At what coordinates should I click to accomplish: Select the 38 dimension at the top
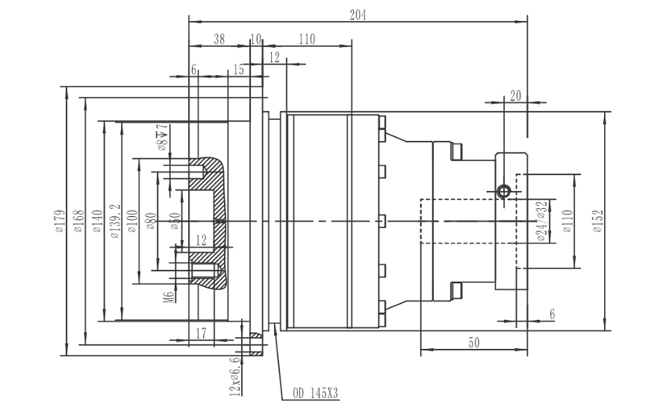point(218,39)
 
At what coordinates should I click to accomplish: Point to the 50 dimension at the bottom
point(474,343)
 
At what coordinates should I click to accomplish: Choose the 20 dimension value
point(516,95)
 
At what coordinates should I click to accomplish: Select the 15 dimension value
point(239,71)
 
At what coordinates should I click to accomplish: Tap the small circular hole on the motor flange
point(504,190)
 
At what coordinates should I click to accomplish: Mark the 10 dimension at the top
point(256,39)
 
